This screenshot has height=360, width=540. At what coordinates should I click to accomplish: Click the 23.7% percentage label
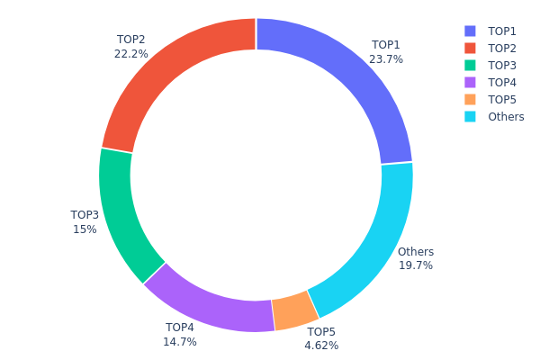(386, 59)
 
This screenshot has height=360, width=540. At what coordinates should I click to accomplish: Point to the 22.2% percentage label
(130, 54)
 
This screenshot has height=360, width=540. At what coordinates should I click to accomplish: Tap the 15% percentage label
(85, 229)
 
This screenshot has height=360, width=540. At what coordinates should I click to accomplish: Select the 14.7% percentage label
(180, 342)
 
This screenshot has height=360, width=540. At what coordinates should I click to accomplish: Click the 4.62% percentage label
(321, 346)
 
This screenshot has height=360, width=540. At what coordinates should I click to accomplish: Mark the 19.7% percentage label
(416, 265)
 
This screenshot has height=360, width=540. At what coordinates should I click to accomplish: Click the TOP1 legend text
(502, 31)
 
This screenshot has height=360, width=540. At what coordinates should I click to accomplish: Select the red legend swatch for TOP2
(471, 48)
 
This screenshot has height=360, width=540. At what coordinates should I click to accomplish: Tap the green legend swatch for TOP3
(471, 65)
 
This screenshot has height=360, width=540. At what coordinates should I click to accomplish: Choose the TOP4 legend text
(502, 82)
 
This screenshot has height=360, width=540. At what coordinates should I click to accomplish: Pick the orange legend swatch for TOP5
(471, 99)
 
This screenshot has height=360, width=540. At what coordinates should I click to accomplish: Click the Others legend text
(506, 116)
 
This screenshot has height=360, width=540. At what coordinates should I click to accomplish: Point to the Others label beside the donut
(416, 252)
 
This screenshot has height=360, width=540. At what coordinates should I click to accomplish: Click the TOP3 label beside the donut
(85, 215)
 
